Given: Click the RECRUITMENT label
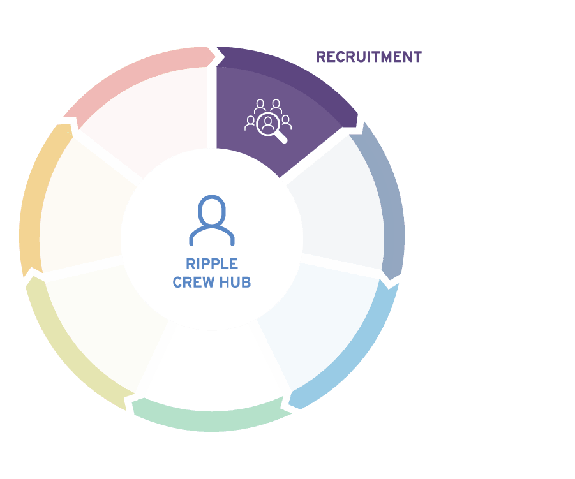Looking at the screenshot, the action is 369,57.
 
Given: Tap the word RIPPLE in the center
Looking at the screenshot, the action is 212,264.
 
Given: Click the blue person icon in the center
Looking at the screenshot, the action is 212,220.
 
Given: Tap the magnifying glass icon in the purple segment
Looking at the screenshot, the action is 271,127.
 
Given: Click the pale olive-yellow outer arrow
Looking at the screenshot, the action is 70,352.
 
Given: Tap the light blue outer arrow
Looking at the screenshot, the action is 352,352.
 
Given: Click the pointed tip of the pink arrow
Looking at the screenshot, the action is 215,56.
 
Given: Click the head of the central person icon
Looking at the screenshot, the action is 212,210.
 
